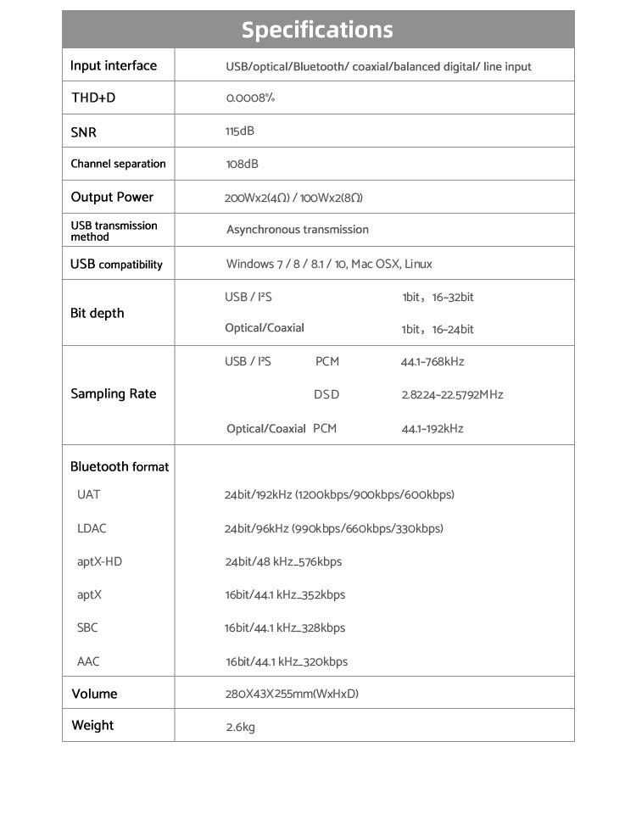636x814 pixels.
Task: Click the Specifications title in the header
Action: [x=317, y=30]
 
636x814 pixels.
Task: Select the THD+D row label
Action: [x=93, y=98]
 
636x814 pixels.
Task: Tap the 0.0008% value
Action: [x=250, y=98]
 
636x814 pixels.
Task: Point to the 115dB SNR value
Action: [x=240, y=131]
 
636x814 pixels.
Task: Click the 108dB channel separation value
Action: [x=243, y=164]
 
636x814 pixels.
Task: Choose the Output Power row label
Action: [x=112, y=197]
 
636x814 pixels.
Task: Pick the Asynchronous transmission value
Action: [x=298, y=230]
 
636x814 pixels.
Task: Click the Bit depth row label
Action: [x=97, y=313]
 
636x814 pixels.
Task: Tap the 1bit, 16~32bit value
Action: [x=438, y=298]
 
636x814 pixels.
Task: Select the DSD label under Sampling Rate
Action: [x=326, y=394]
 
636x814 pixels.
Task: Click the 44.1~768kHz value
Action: [x=432, y=362]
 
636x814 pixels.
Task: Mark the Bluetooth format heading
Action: [x=120, y=466]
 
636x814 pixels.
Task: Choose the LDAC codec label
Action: [x=92, y=528]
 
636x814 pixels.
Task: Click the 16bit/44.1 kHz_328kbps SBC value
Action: [x=285, y=628]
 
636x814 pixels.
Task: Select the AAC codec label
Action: [x=88, y=661]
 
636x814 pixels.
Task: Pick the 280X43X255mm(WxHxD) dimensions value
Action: [x=292, y=694]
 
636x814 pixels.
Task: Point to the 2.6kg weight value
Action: [x=241, y=727]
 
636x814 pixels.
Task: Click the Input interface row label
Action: [x=114, y=65]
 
